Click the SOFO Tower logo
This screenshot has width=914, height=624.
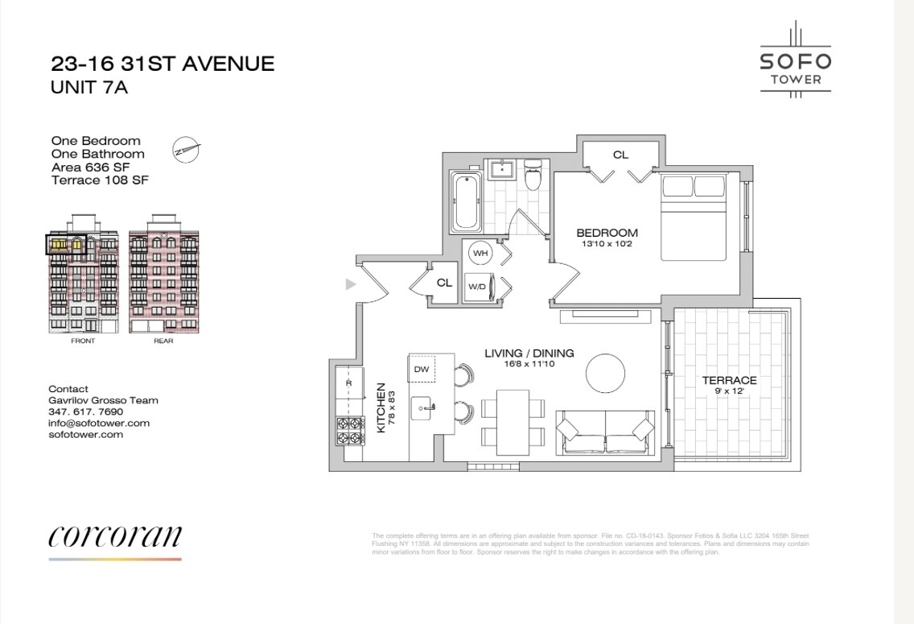(795, 60)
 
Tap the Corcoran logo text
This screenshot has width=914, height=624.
(115, 536)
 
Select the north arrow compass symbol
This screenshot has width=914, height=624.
(186, 149)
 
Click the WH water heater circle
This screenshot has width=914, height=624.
(480, 253)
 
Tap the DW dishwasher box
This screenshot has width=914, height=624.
(421, 369)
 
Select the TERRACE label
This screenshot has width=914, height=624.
(729, 380)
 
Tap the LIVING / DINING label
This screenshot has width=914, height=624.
(529, 353)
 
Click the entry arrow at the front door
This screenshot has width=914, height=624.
(350, 283)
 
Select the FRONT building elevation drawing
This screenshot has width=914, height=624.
(83, 282)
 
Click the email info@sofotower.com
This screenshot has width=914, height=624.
(99, 423)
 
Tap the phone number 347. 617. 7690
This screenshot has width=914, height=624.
(86, 411)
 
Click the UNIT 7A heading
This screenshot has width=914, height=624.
(89, 88)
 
